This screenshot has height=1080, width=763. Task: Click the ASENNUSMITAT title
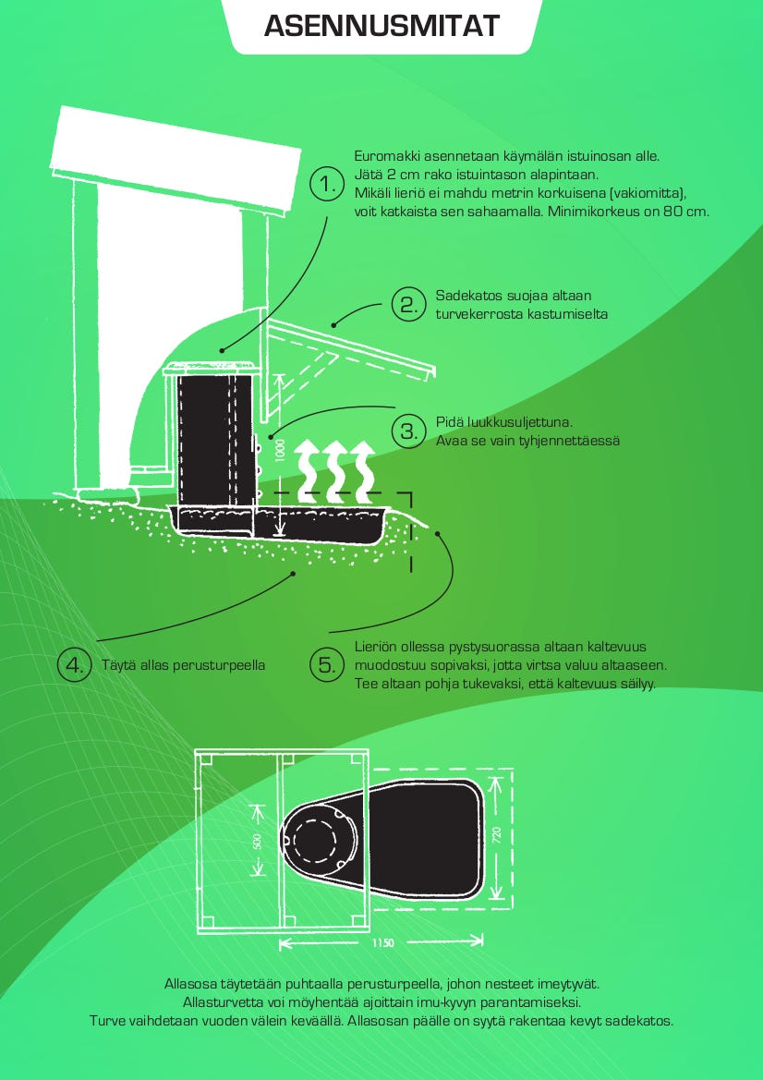click(x=381, y=26)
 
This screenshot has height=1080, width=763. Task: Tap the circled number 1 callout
click(x=326, y=185)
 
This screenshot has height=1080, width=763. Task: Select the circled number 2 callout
click(x=406, y=304)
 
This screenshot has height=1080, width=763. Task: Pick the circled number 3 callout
click(x=406, y=431)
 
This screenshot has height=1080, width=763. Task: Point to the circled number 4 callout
click(x=74, y=664)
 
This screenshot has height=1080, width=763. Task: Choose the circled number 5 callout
click(x=326, y=664)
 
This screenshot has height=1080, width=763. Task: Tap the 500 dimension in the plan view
click(x=259, y=840)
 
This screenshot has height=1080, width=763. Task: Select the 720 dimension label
click(x=496, y=837)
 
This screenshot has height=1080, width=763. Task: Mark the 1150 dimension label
click(x=383, y=943)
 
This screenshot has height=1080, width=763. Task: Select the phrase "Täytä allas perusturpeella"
click(x=183, y=664)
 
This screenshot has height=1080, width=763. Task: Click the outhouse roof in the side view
click(x=176, y=157)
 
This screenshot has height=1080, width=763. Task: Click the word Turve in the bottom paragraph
click(x=107, y=1021)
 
